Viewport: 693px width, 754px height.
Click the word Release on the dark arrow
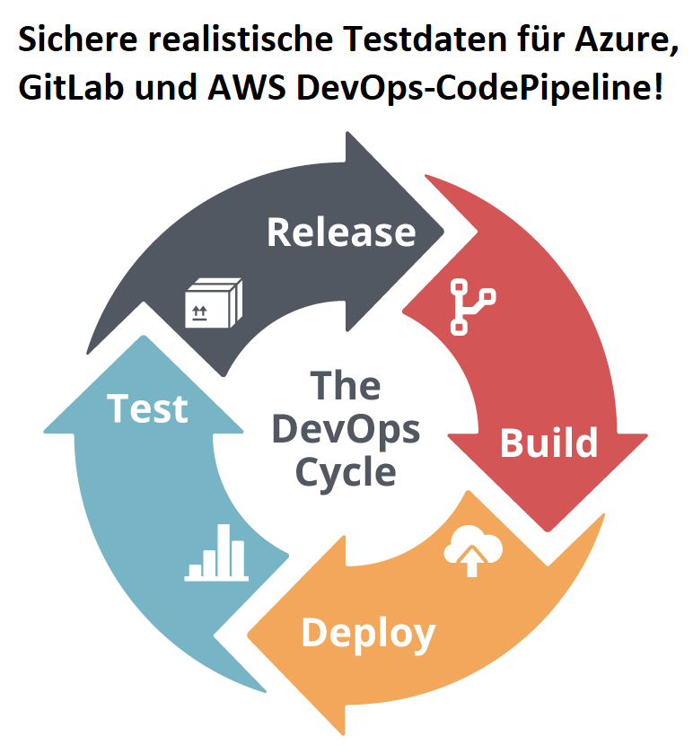pyautogui.click(x=341, y=232)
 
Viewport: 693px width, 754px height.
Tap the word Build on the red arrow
pyautogui.click(x=548, y=443)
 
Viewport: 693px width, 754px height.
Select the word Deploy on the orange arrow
pyautogui.click(x=368, y=633)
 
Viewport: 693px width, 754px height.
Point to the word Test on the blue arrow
pyautogui.click(x=148, y=408)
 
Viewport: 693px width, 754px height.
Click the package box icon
pyautogui.click(x=213, y=302)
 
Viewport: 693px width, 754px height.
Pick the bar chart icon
pyautogui.click(x=216, y=553)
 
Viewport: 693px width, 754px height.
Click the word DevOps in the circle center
pyautogui.click(x=346, y=429)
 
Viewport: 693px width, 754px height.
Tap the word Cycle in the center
pyautogui.click(x=346, y=471)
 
